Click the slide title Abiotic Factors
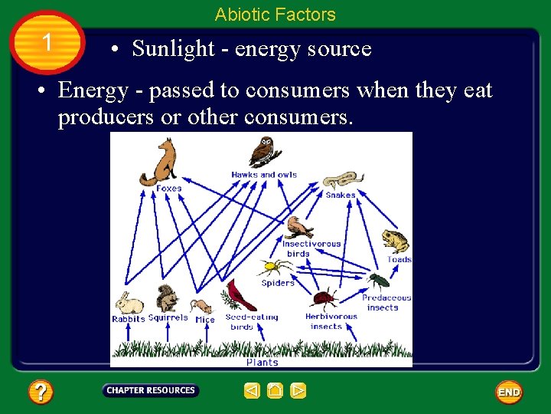[x=275, y=15]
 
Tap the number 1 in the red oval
[x=47, y=42]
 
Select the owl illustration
[x=266, y=152]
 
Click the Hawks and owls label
[x=264, y=175]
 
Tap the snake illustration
[x=341, y=181]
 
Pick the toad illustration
[x=394, y=241]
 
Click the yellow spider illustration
[x=275, y=268]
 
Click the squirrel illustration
[x=165, y=298]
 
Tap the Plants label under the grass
[x=262, y=362]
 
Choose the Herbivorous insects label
[x=331, y=321]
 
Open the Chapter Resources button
[x=151, y=390]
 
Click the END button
[x=509, y=392]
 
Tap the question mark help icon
[x=41, y=393]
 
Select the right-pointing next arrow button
[x=298, y=391]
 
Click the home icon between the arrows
[x=275, y=391]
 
